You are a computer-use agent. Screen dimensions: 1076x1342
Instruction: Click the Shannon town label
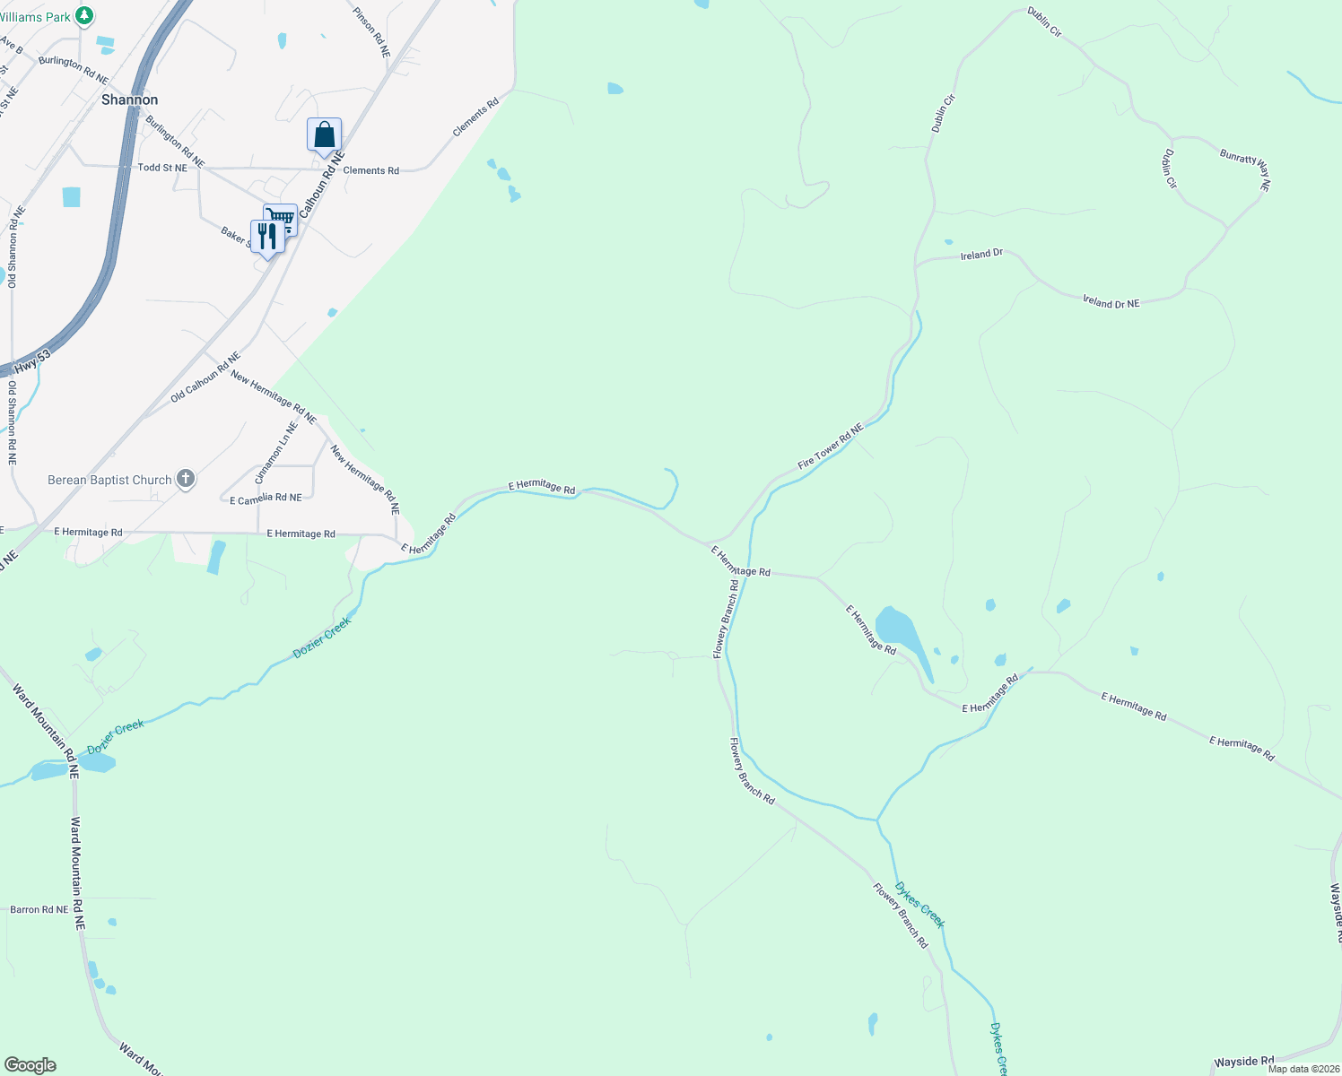point(129,100)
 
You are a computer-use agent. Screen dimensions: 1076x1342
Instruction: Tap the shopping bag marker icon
point(324,134)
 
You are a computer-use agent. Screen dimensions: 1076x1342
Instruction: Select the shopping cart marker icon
point(281,218)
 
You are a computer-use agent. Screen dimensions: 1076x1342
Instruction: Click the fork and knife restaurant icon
point(266,237)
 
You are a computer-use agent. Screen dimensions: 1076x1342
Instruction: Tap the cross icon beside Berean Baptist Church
point(186,479)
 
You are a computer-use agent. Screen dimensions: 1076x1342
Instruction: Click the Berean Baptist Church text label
point(109,480)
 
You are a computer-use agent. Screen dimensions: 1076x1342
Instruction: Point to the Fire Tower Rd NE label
point(830,447)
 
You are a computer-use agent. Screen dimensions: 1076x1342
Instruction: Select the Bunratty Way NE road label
point(1245,169)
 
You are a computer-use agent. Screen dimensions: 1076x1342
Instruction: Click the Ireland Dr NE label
point(1111,303)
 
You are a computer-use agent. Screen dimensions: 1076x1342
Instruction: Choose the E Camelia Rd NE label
point(266,499)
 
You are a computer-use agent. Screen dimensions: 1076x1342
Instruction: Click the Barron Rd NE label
point(39,909)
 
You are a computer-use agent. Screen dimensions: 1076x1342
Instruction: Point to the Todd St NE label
point(162,168)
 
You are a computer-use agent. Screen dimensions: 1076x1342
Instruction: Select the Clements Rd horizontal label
point(370,170)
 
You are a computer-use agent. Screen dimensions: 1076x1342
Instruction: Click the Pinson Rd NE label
point(371,33)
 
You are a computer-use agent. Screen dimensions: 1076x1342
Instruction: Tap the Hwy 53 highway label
point(32,362)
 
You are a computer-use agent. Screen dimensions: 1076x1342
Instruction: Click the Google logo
point(30,1065)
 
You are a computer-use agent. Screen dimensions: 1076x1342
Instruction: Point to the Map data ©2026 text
point(1303,1069)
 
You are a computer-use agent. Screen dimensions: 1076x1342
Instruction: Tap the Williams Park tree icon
point(84,15)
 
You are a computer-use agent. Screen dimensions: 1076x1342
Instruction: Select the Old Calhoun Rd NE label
point(205,377)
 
